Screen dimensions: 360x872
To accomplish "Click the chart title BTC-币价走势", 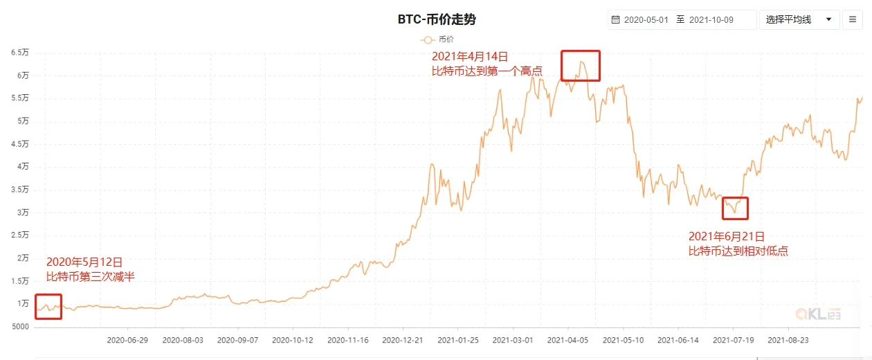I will [x=436, y=19].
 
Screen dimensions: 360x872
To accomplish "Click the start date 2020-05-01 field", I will [x=646, y=19].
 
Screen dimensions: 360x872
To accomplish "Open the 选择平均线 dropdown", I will [x=799, y=19].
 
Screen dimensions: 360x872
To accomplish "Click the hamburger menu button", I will [x=852, y=19].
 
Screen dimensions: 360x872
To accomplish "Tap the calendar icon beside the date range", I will [x=615, y=19].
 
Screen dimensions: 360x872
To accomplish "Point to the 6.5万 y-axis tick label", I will [x=19, y=53].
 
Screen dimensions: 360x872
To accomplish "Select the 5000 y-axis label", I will [x=19, y=327].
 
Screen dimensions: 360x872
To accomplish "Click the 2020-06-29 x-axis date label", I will [x=127, y=341].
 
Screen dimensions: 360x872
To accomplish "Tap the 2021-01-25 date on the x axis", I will [x=457, y=341].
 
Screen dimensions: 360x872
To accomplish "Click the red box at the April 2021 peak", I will [x=580, y=65].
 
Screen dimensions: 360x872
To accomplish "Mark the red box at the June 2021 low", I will [x=735, y=208].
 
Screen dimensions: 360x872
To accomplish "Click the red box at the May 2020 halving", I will [x=48, y=307].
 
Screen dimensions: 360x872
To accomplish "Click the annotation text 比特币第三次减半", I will [x=91, y=277].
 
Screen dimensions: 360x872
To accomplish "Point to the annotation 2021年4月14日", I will [x=470, y=56].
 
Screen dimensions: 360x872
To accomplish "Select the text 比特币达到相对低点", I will [x=738, y=251].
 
